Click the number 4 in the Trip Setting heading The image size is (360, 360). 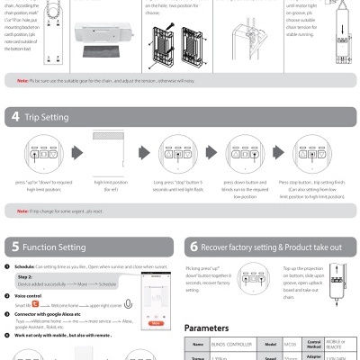coord(16,117)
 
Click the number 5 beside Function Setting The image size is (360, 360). coord(16,246)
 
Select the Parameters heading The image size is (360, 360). coord(212,328)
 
